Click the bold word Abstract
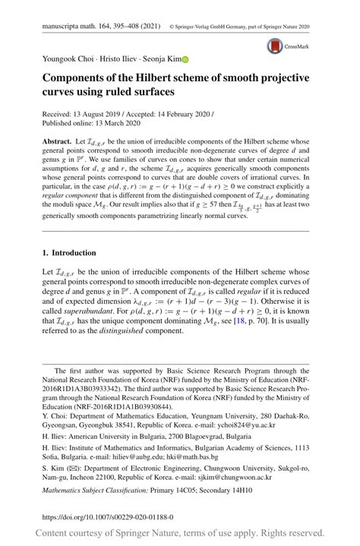[57, 142]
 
